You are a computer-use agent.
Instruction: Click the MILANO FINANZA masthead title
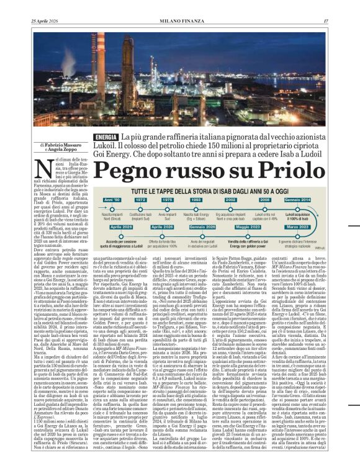pos(179,5)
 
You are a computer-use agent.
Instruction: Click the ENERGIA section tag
pos(107,137)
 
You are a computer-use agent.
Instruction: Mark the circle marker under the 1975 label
pos(168,207)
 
